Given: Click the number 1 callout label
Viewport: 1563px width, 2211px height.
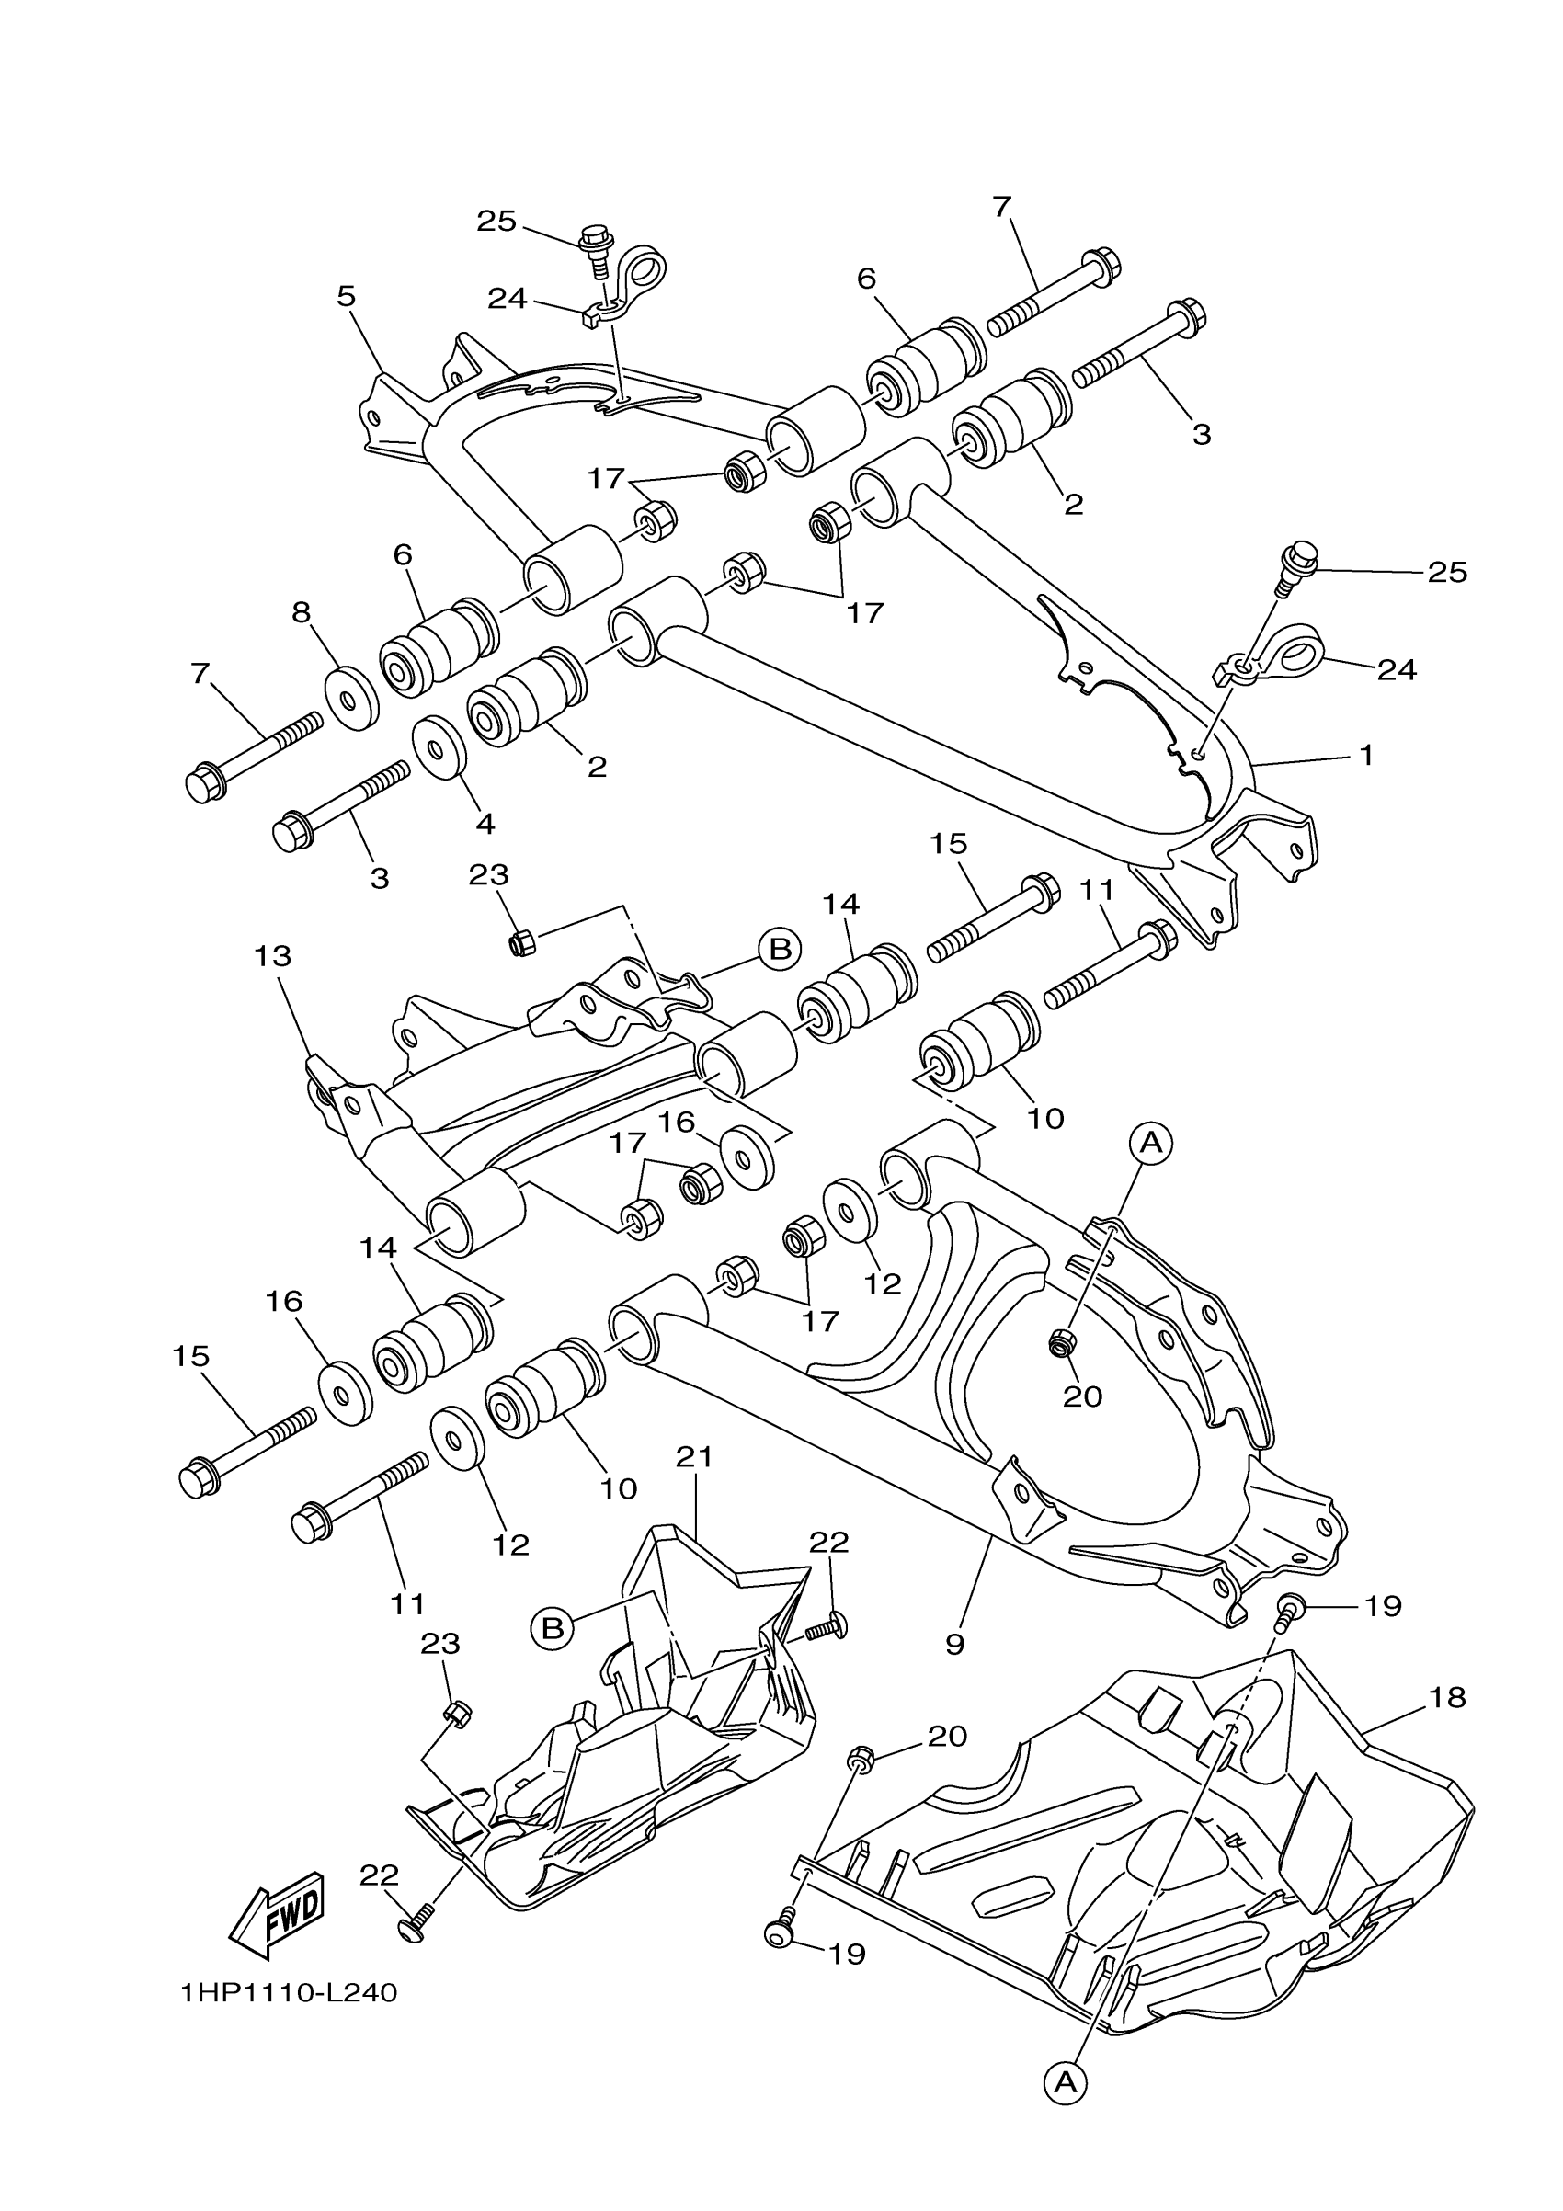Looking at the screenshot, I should [x=1365, y=754].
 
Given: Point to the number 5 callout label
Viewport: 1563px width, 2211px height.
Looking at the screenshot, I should [x=346, y=296].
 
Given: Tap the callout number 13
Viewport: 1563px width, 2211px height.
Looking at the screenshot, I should [x=272, y=956].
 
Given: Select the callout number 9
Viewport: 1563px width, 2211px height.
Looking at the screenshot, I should [x=954, y=1644].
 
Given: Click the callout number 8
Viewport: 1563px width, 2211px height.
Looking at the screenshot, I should [x=302, y=612].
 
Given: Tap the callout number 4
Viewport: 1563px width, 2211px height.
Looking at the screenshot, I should [x=485, y=824].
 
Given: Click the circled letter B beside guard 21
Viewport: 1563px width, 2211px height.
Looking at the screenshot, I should [x=552, y=1628].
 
